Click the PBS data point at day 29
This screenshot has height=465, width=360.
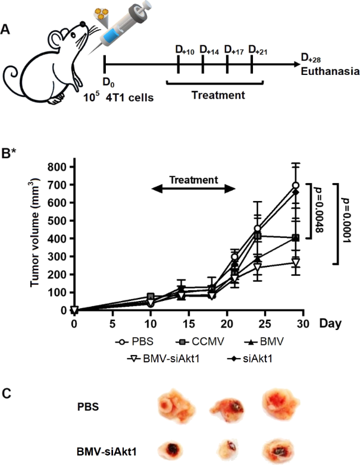[296, 186]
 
